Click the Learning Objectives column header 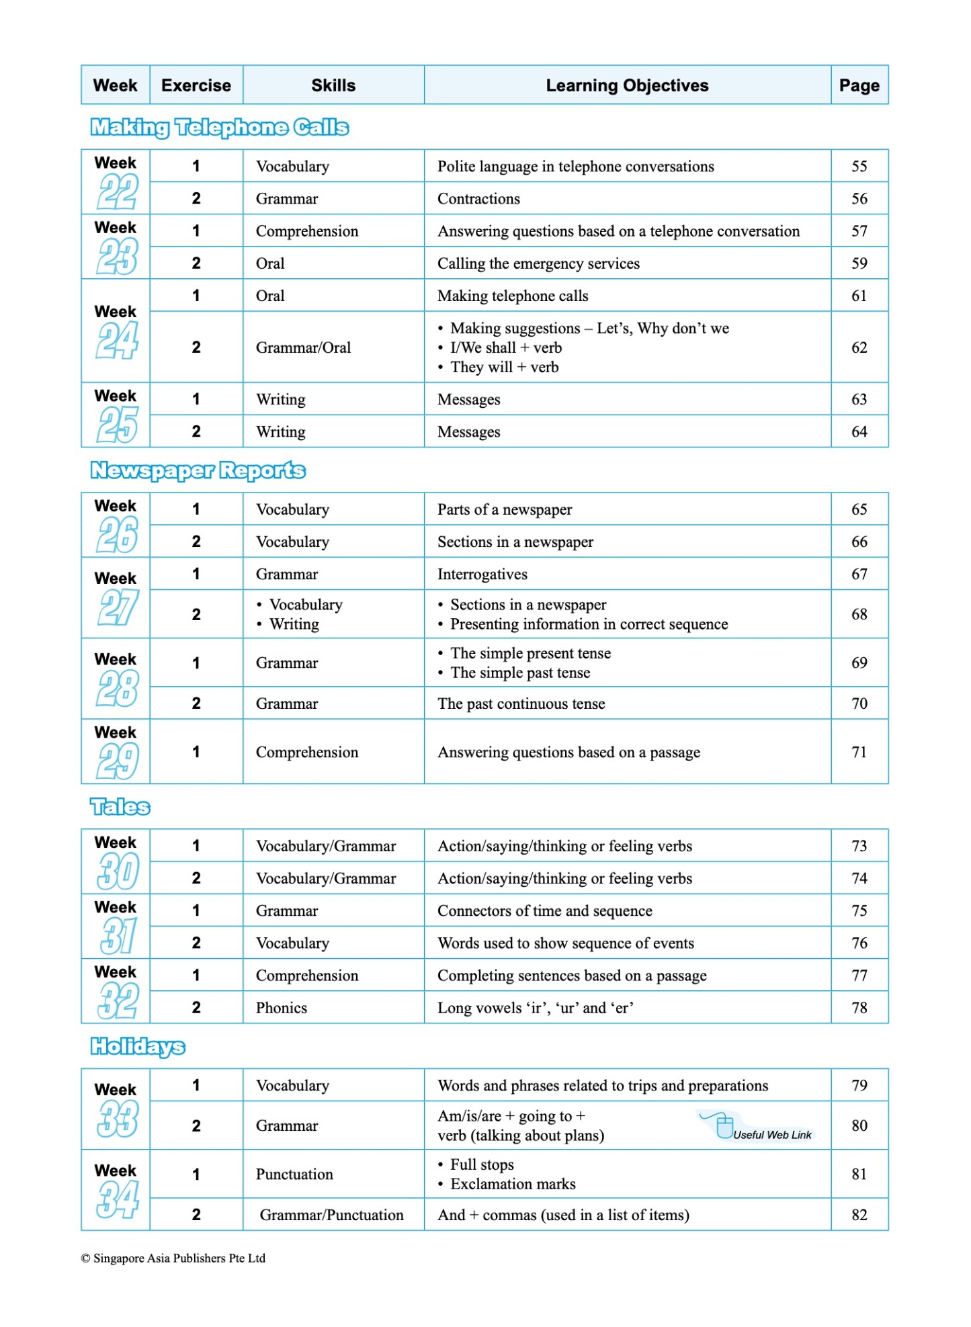[626, 85]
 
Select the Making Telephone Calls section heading [219, 127]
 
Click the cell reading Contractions [478, 199]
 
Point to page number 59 [859, 263]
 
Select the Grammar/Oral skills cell [303, 347]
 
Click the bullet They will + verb [504, 368]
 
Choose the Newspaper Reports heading [198, 470]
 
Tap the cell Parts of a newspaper [505, 509]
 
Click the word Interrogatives [482, 574]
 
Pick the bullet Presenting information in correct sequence [589, 624]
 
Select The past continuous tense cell [521, 704]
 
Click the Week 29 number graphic [118, 761]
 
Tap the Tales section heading [120, 807]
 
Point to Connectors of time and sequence [544, 911]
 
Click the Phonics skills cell [281, 1008]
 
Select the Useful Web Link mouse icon [723, 1126]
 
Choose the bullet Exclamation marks [512, 1184]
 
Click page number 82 [859, 1215]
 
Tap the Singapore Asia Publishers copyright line [173, 1258]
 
